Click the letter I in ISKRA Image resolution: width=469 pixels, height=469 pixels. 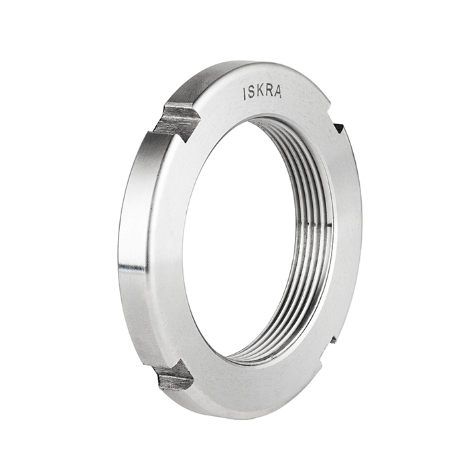click(x=245, y=94)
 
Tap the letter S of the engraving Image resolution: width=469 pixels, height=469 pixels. click(x=251, y=94)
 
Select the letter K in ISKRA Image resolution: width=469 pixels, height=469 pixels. click(x=260, y=93)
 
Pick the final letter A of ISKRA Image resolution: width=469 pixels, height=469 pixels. click(x=277, y=92)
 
